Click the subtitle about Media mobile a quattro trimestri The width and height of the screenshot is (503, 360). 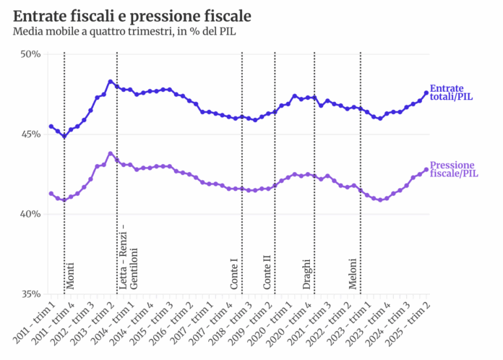click(124, 31)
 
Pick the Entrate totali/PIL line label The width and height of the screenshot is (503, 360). click(452, 92)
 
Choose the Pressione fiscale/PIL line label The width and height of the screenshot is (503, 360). click(453, 168)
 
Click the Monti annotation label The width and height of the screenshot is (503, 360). click(71, 276)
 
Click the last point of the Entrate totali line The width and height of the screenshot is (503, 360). click(426, 93)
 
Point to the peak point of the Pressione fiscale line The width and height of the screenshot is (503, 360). click(110, 153)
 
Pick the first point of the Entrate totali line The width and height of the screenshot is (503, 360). click(51, 127)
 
